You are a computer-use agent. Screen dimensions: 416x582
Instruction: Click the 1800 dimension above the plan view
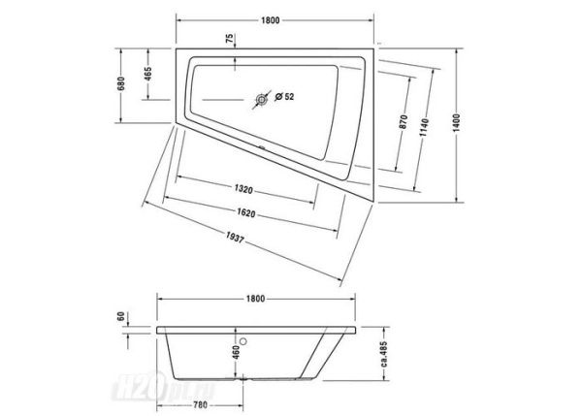(x=272, y=20)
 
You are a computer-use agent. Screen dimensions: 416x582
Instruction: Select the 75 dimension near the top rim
(x=230, y=40)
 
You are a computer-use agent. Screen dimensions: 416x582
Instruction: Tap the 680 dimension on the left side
(x=121, y=84)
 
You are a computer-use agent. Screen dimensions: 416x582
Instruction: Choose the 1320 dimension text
(x=243, y=189)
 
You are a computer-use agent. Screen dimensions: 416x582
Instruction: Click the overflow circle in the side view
(x=248, y=340)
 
